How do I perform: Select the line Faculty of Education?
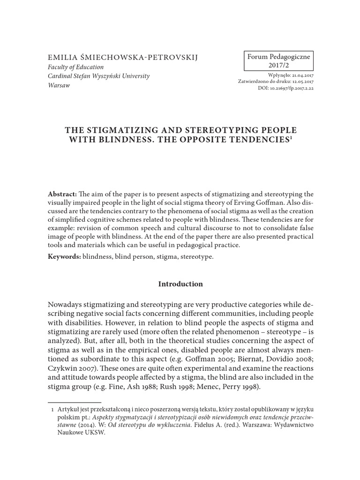(x=76, y=67)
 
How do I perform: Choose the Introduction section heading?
(x=180, y=284)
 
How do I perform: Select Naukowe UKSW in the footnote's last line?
(x=82, y=433)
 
